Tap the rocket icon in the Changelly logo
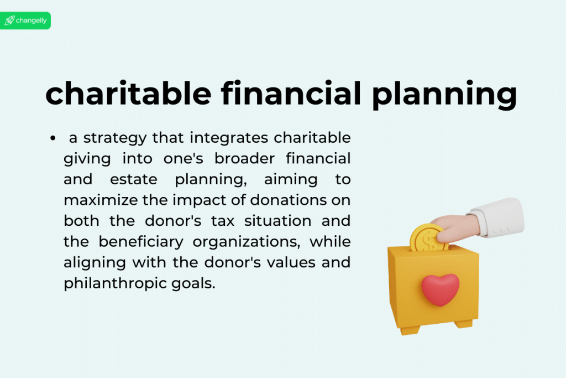[9, 20]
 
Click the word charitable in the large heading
[128, 94]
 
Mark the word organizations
[246, 242]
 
